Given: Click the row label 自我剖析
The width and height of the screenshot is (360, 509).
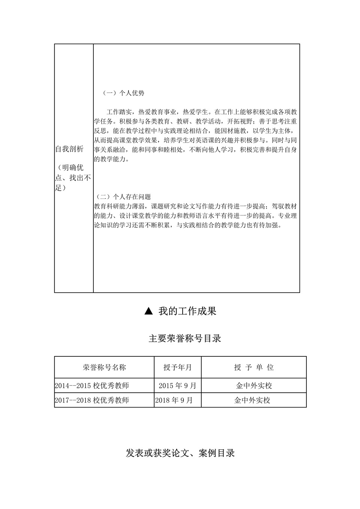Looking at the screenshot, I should (x=69, y=149).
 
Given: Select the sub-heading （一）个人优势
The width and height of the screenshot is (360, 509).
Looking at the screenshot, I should (x=123, y=93).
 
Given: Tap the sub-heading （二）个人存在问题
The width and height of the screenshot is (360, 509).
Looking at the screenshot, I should (x=123, y=197).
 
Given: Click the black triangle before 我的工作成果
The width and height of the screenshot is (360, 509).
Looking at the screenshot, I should (x=148, y=311).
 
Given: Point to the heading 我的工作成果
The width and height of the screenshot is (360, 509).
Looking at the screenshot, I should (x=187, y=311).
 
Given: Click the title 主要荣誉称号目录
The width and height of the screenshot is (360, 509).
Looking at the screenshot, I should (x=185, y=338).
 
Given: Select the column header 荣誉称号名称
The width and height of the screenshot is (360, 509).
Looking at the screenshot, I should (x=104, y=367).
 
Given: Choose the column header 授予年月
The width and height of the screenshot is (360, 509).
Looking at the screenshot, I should (x=177, y=367).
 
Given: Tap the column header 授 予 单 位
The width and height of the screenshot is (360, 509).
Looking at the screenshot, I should (x=254, y=367).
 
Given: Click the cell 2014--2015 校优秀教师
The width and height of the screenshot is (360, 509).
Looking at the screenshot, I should (x=92, y=386).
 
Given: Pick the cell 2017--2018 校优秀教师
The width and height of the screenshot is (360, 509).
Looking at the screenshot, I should (x=92, y=400).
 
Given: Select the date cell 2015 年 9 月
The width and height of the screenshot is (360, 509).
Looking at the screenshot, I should (x=177, y=386).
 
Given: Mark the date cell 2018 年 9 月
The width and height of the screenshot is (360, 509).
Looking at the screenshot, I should (x=174, y=400).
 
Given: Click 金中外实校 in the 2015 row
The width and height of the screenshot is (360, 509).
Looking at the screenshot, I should (x=254, y=386).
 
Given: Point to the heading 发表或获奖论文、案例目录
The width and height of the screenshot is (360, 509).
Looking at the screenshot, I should (x=180, y=453).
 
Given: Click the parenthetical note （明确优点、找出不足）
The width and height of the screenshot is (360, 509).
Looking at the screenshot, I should (x=73, y=177).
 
